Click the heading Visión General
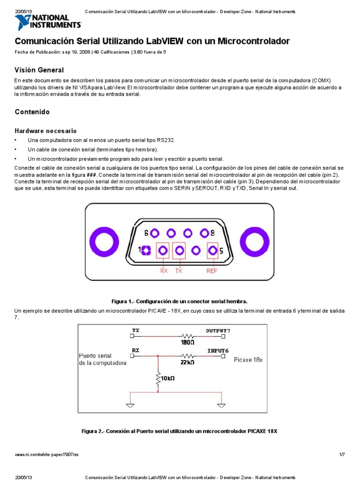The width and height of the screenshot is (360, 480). click(x=39, y=70)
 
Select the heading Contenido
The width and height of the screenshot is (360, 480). click(x=32, y=112)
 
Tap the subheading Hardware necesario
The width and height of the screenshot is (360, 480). click(x=45, y=131)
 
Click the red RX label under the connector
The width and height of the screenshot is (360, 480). click(x=164, y=270)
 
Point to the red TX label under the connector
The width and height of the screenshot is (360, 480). click(x=179, y=270)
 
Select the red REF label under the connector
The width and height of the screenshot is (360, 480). click(x=212, y=270)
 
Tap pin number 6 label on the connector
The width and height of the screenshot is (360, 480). click(x=146, y=233)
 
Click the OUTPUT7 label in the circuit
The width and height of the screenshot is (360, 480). click(x=218, y=330)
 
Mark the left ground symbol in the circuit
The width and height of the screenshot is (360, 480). click(x=131, y=406)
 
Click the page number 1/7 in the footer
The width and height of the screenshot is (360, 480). click(x=342, y=454)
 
